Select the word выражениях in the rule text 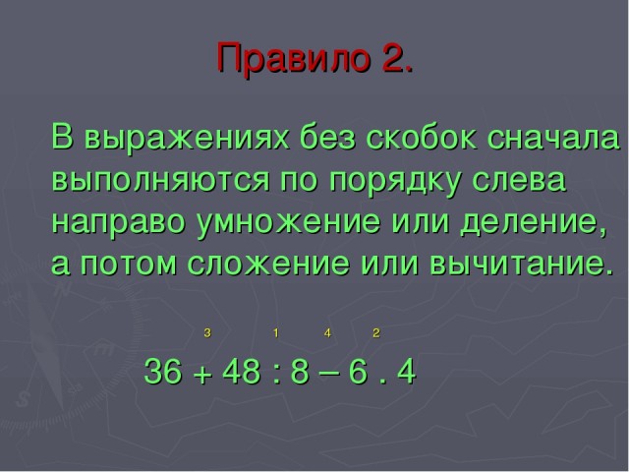187,138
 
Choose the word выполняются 160,179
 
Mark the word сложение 268,264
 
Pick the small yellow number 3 207,332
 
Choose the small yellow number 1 275,332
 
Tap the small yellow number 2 375,332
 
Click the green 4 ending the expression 406,371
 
